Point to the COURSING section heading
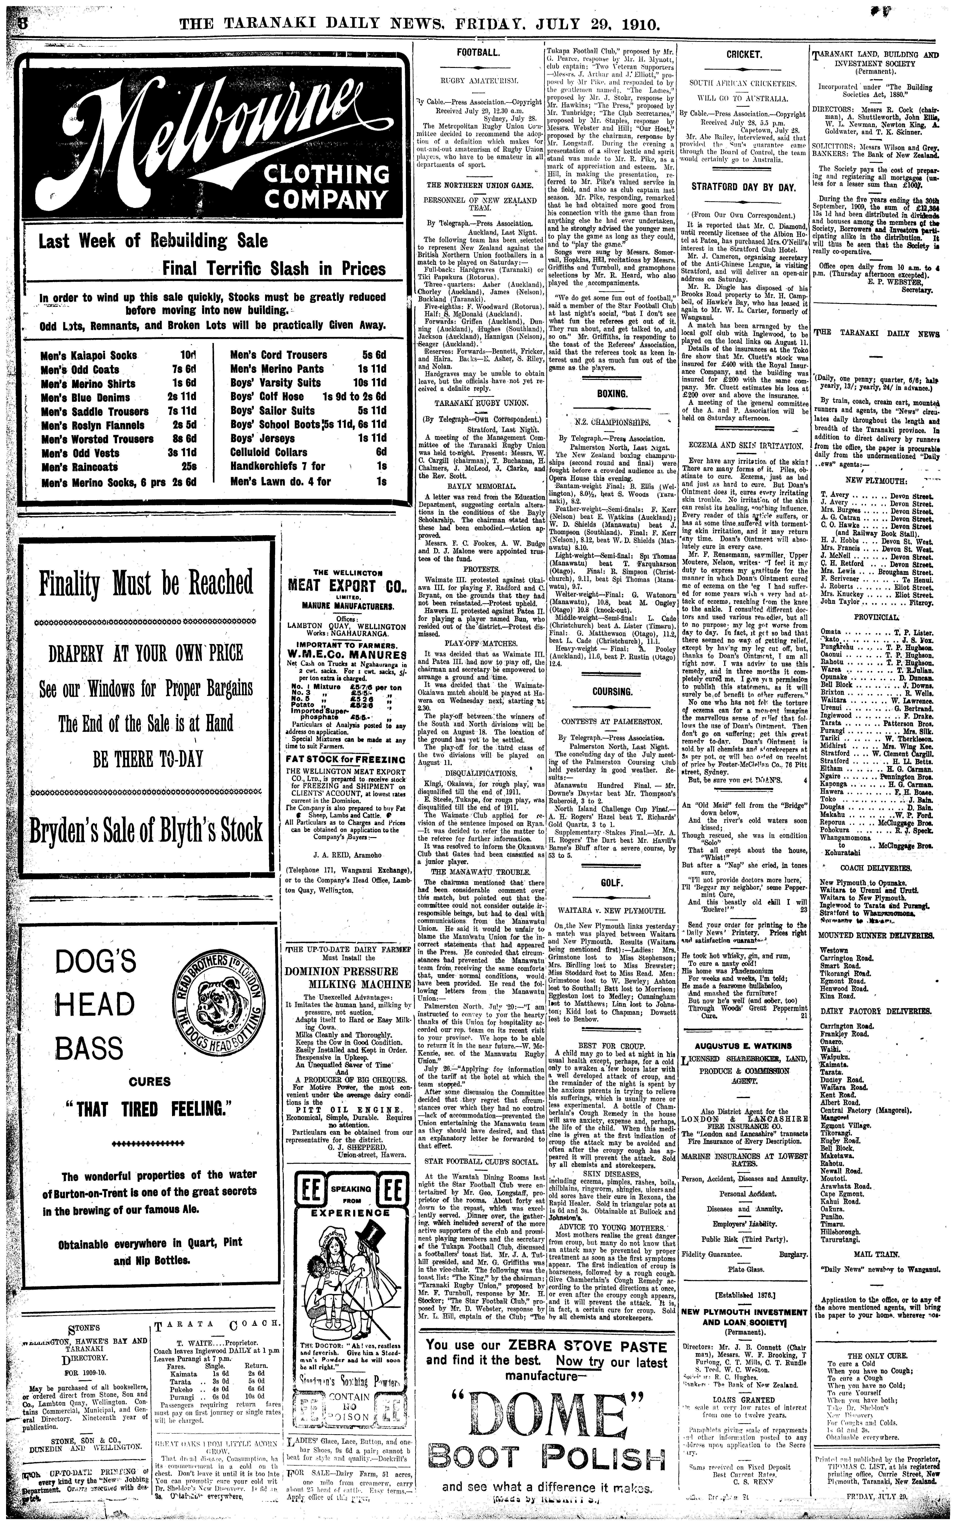pos(612,691)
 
